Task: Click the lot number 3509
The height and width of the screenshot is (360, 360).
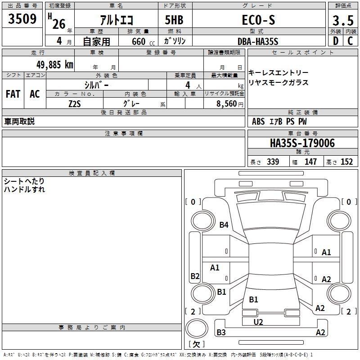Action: tap(22, 19)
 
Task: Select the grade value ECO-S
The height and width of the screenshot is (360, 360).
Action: tap(258, 20)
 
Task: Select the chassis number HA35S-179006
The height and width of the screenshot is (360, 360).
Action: tap(302, 143)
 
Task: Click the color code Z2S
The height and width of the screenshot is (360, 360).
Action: tap(75, 103)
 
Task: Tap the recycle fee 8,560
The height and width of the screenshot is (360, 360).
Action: tap(224, 103)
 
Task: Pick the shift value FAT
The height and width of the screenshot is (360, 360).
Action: tap(13, 94)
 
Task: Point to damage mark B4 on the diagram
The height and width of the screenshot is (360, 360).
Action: tap(224, 225)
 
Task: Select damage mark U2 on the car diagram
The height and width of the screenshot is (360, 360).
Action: tap(258, 322)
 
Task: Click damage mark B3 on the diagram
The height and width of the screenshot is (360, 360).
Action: tap(221, 333)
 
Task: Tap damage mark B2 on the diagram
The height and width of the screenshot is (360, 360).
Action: tap(195, 276)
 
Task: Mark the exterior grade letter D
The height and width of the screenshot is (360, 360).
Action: tap(335, 41)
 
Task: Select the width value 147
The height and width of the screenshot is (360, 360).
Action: tap(310, 162)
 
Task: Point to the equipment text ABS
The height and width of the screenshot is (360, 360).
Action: tap(258, 121)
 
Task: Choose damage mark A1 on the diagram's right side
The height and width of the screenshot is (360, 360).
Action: tap(326, 252)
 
